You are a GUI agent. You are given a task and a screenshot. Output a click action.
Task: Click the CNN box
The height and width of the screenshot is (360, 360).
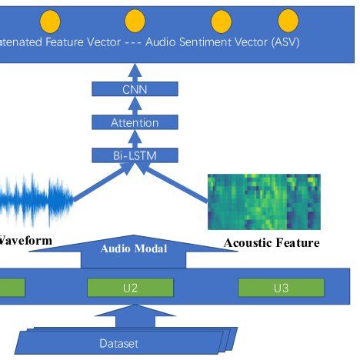[x=135, y=89]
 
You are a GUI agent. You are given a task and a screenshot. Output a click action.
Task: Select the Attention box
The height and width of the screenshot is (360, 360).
[x=135, y=122]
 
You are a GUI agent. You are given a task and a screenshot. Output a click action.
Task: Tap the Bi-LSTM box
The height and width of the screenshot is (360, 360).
[x=135, y=155]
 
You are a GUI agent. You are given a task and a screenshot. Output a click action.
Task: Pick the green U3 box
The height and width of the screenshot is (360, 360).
[x=279, y=288]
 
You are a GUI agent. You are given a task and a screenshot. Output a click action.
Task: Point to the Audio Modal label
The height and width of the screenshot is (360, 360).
[x=133, y=248]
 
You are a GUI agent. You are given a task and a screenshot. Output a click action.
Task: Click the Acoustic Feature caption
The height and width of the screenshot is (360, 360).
[x=271, y=243]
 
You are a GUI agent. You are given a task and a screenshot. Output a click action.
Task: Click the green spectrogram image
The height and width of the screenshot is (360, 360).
[x=264, y=202]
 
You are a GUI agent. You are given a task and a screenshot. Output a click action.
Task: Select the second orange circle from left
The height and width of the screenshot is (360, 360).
[x=135, y=20]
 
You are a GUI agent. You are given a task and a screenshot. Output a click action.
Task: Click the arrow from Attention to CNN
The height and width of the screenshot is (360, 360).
[x=135, y=105]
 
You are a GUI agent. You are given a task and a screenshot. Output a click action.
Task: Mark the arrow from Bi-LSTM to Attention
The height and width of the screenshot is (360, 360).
[x=135, y=139]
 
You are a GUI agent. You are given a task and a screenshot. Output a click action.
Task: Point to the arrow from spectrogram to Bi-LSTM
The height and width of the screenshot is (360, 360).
[x=185, y=185]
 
